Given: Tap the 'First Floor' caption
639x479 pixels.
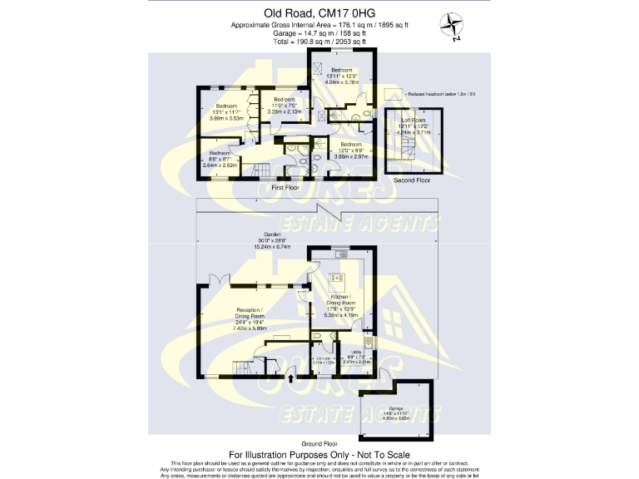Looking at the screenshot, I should [285, 188].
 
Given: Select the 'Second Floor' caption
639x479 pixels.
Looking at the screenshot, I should [413, 180].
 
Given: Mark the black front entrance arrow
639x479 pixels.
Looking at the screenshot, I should [290, 378].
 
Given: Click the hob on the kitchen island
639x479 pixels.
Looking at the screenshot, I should [338, 279].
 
